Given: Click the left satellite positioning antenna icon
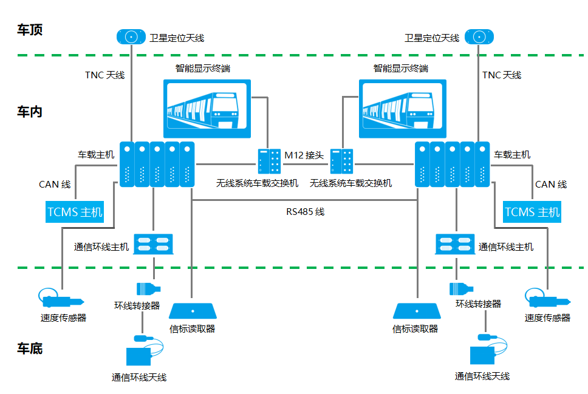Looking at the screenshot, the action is [x=131, y=37].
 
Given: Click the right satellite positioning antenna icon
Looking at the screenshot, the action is [x=479, y=37].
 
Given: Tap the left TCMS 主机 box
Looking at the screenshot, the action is [x=75, y=212].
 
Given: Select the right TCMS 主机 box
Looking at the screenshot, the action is [x=532, y=212].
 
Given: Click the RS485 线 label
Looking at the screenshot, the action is [x=306, y=212].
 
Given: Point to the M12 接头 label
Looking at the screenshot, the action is [x=304, y=155].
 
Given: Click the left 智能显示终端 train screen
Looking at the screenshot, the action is [x=207, y=108].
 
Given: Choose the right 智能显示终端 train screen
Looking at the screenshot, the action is [x=403, y=108].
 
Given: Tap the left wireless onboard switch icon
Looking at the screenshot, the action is [x=269, y=161].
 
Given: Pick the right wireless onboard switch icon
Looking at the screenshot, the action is [x=341, y=161].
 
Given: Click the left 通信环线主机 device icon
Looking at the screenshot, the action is [x=153, y=244].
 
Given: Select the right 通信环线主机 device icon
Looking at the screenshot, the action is [x=455, y=244].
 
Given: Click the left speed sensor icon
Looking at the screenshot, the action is [x=61, y=299].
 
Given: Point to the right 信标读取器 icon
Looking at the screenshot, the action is [x=417, y=311].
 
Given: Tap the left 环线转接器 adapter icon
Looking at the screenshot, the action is [x=148, y=289].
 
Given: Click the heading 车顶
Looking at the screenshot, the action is [x=30, y=30].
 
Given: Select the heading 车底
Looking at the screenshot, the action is [x=30, y=348].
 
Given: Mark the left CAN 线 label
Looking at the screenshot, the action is [x=55, y=185].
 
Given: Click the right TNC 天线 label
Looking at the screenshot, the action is [x=502, y=75].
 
